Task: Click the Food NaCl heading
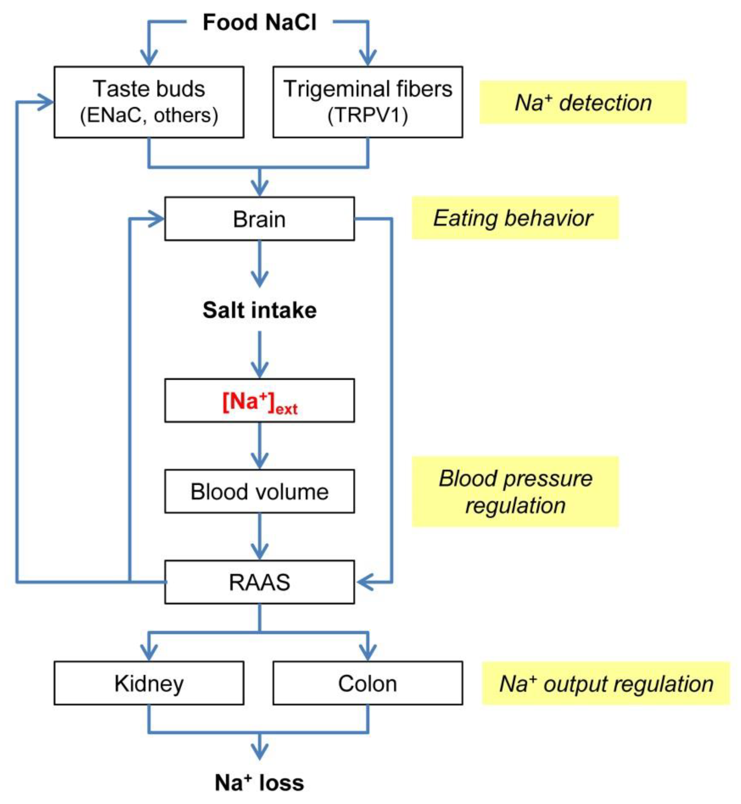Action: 259,22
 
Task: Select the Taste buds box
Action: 149,102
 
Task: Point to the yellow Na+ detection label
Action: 583,103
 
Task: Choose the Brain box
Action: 259,219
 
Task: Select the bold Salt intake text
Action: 259,310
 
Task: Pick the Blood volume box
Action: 259,492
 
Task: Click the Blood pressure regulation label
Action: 515,492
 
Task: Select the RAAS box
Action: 259,582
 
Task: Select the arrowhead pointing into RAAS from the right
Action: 363,582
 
